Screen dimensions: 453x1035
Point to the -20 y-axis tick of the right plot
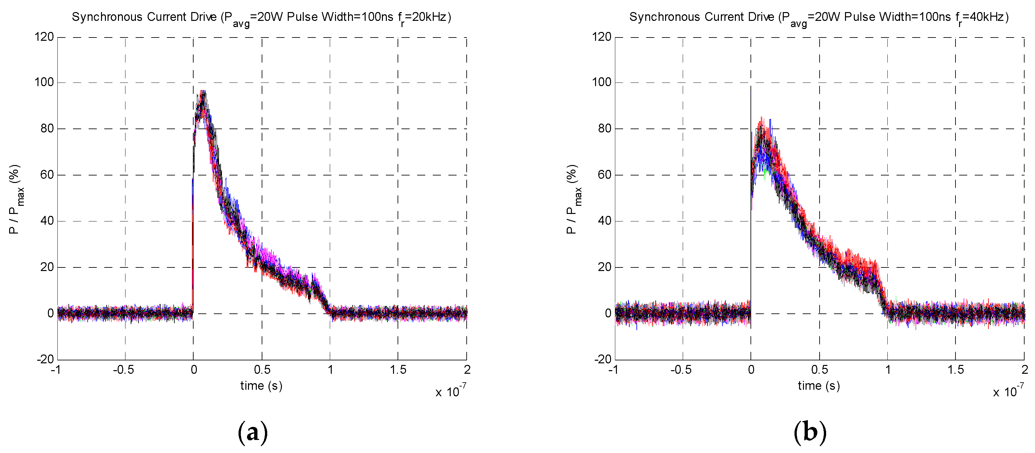click(x=603, y=359)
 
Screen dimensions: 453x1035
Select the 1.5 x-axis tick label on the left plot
click(x=398, y=370)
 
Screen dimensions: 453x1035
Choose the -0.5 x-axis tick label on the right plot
click(x=681, y=370)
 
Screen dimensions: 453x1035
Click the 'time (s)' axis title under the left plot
click(x=261, y=386)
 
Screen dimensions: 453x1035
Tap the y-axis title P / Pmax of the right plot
click(x=573, y=199)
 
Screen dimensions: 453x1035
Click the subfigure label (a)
click(x=253, y=432)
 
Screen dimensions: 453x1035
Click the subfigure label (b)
click(x=810, y=432)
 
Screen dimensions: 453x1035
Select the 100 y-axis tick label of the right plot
click(x=602, y=83)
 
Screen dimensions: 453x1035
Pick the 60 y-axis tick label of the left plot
click(x=47, y=175)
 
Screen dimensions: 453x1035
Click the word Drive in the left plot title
click(x=206, y=17)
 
